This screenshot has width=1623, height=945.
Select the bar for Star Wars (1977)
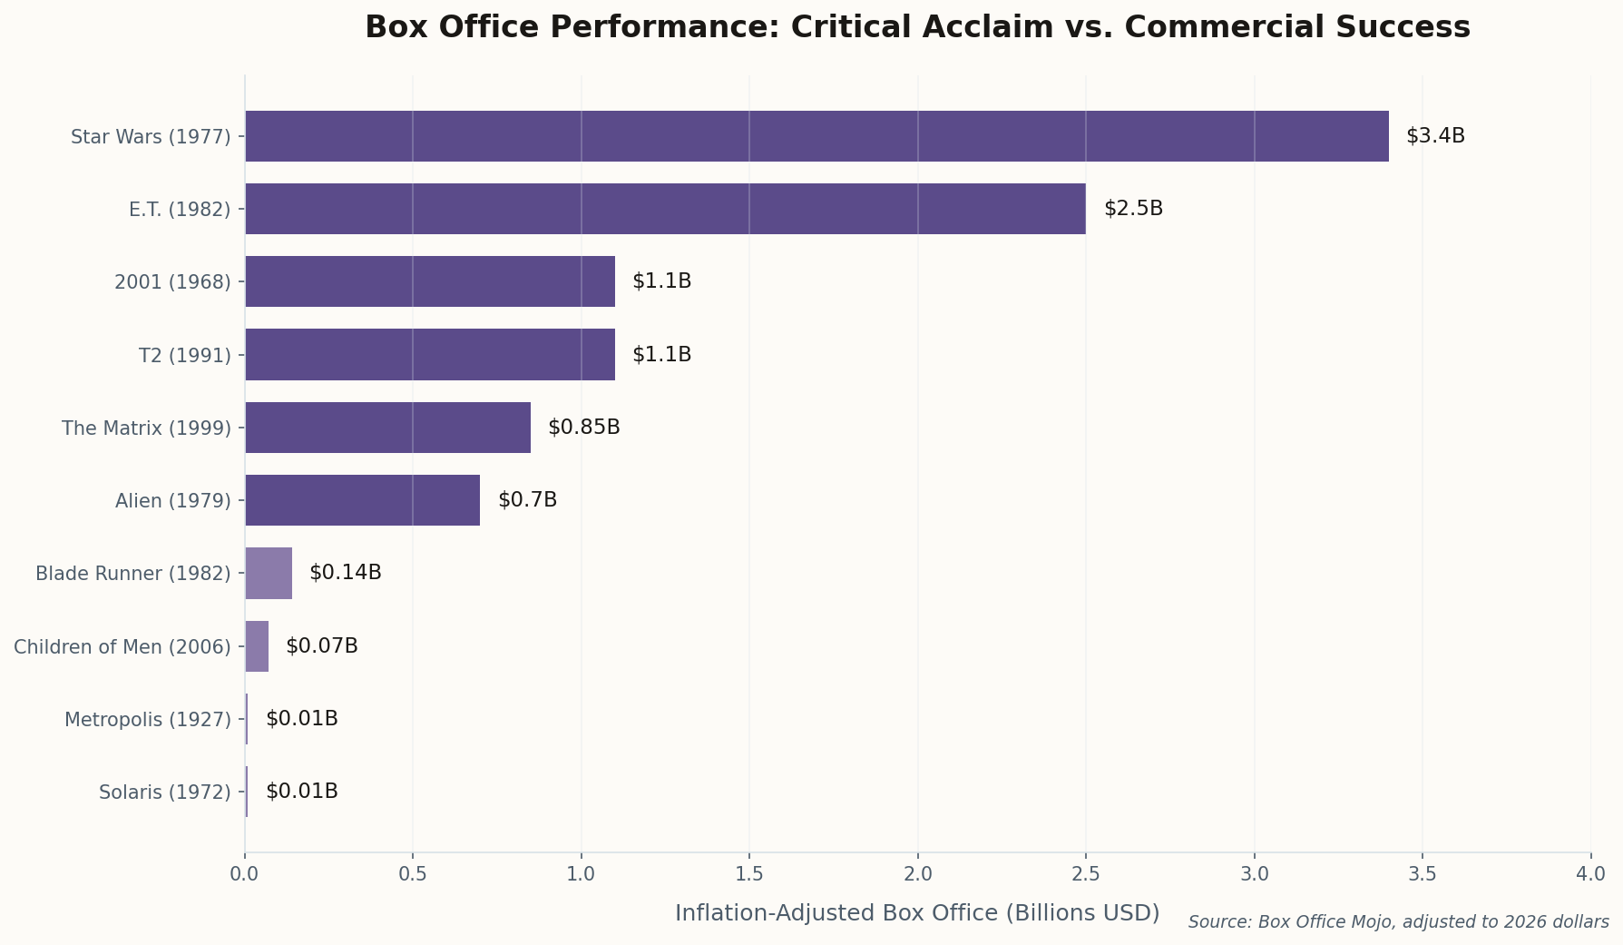[816, 136]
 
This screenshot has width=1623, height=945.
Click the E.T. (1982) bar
[665, 209]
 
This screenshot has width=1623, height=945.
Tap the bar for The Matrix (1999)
[387, 428]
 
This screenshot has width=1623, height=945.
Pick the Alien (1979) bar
[362, 500]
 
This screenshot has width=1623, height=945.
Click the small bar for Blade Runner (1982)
[269, 573]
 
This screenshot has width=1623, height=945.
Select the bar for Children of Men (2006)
[257, 646]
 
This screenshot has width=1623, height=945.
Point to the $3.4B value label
[1435, 136]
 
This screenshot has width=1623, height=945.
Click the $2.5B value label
[1133, 209]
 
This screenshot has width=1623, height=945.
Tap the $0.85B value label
[583, 428]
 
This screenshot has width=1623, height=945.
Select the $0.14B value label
[345, 573]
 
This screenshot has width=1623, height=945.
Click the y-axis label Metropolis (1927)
[147, 720]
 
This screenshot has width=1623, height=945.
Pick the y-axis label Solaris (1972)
[164, 792]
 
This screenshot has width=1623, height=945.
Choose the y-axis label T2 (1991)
[184, 355]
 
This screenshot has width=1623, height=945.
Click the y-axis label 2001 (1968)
[172, 282]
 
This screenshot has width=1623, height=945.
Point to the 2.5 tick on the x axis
[1086, 874]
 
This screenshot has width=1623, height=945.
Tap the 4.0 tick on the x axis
[1590, 874]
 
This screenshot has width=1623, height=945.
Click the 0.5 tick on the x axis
[413, 874]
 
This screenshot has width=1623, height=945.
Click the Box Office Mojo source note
[1398, 922]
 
